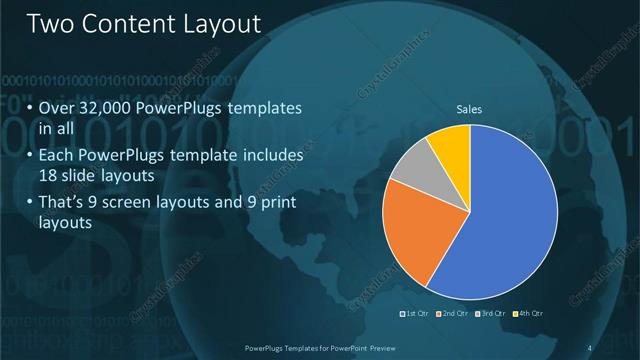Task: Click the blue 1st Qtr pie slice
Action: pos(505,220)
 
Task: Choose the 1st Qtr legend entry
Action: pos(414,315)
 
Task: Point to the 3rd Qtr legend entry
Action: pos(491,315)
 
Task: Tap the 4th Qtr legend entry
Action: pos(529,315)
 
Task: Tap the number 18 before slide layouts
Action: pos(48,177)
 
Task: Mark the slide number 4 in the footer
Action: pos(590,347)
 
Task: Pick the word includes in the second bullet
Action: pos(270,156)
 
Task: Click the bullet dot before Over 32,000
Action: pos(30,107)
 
